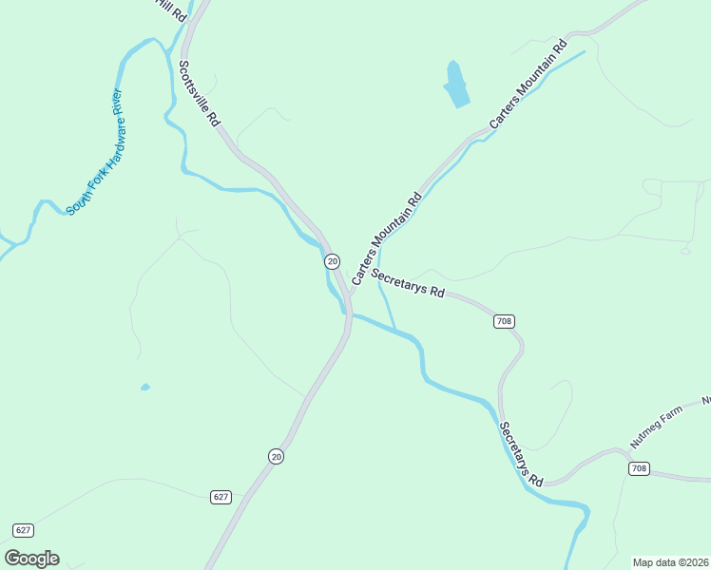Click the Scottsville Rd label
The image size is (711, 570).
pyautogui.click(x=199, y=94)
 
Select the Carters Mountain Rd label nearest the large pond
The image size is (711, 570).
pyautogui.click(x=528, y=85)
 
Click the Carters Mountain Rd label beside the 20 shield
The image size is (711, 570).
pyautogui.click(x=386, y=239)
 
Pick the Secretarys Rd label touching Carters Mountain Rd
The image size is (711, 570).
pyautogui.click(x=408, y=283)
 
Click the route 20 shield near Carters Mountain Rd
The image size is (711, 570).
pyautogui.click(x=332, y=260)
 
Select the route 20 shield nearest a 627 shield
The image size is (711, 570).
pyautogui.click(x=276, y=457)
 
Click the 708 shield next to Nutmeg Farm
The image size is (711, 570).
pyautogui.click(x=638, y=469)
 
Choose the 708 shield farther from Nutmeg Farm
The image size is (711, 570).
pyautogui.click(x=504, y=321)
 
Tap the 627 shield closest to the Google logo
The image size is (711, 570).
pyautogui.click(x=24, y=529)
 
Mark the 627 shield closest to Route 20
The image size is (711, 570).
pyautogui.click(x=221, y=497)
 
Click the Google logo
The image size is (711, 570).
pyautogui.click(x=31, y=559)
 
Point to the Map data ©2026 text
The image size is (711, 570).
pyautogui.click(x=669, y=562)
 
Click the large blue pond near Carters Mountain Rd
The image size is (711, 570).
pyautogui.click(x=456, y=85)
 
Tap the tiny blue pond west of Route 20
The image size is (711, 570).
pyautogui.click(x=144, y=387)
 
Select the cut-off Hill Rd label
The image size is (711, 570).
pyautogui.click(x=171, y=8)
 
